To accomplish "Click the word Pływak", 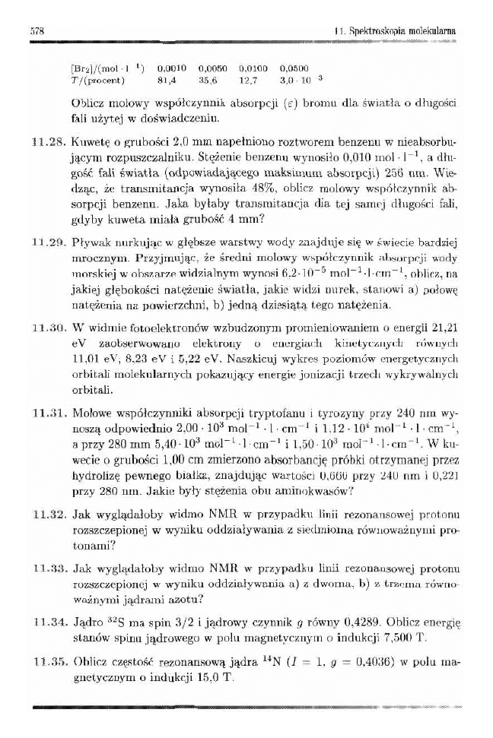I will pos(87,243).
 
